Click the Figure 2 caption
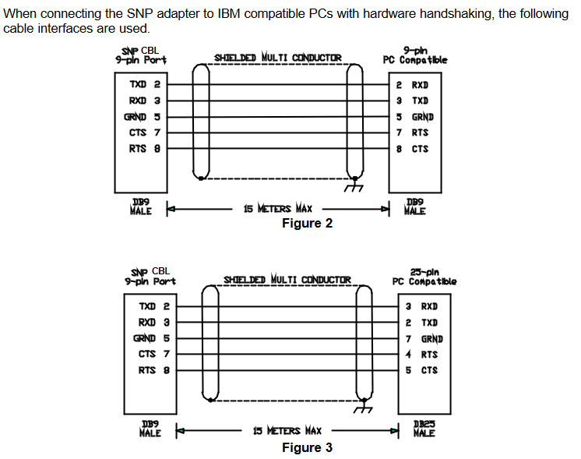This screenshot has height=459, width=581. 307,223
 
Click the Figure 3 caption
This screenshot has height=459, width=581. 307,447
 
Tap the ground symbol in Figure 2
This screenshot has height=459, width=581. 354,188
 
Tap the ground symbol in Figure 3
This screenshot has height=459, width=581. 363,410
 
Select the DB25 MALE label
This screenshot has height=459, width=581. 424,429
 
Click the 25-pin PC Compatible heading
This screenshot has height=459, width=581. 424,277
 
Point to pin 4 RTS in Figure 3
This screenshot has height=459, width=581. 421,355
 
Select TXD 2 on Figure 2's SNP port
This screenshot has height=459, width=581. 145,84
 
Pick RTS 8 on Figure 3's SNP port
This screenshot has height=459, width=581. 154,370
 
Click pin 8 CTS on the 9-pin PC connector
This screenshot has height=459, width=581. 412,149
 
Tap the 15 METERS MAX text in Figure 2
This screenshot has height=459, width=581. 278,208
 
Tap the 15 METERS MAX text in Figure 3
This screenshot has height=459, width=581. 287,430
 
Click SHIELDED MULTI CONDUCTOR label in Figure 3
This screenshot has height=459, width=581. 287,279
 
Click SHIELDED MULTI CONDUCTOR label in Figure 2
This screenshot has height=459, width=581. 278,58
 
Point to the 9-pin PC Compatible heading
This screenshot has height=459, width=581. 415,55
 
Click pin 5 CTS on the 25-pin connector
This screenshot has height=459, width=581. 421,370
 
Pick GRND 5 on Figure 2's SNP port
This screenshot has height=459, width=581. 143,117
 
